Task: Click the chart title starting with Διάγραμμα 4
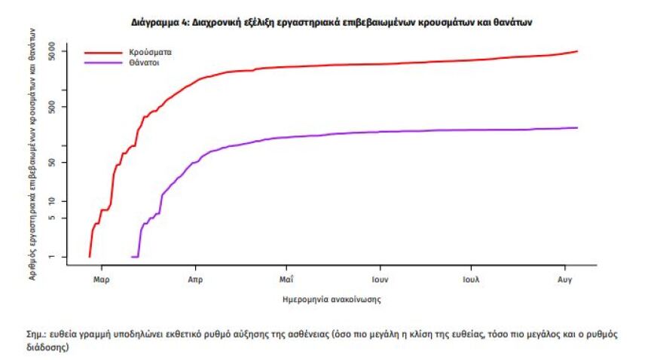coord(331,23)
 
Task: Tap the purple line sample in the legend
coord(102,63)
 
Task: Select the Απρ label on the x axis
coord(195,279)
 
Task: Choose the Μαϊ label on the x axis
coord(286,279)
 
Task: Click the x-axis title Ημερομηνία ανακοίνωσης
coord(331,300)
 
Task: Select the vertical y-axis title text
coord(35,151)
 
